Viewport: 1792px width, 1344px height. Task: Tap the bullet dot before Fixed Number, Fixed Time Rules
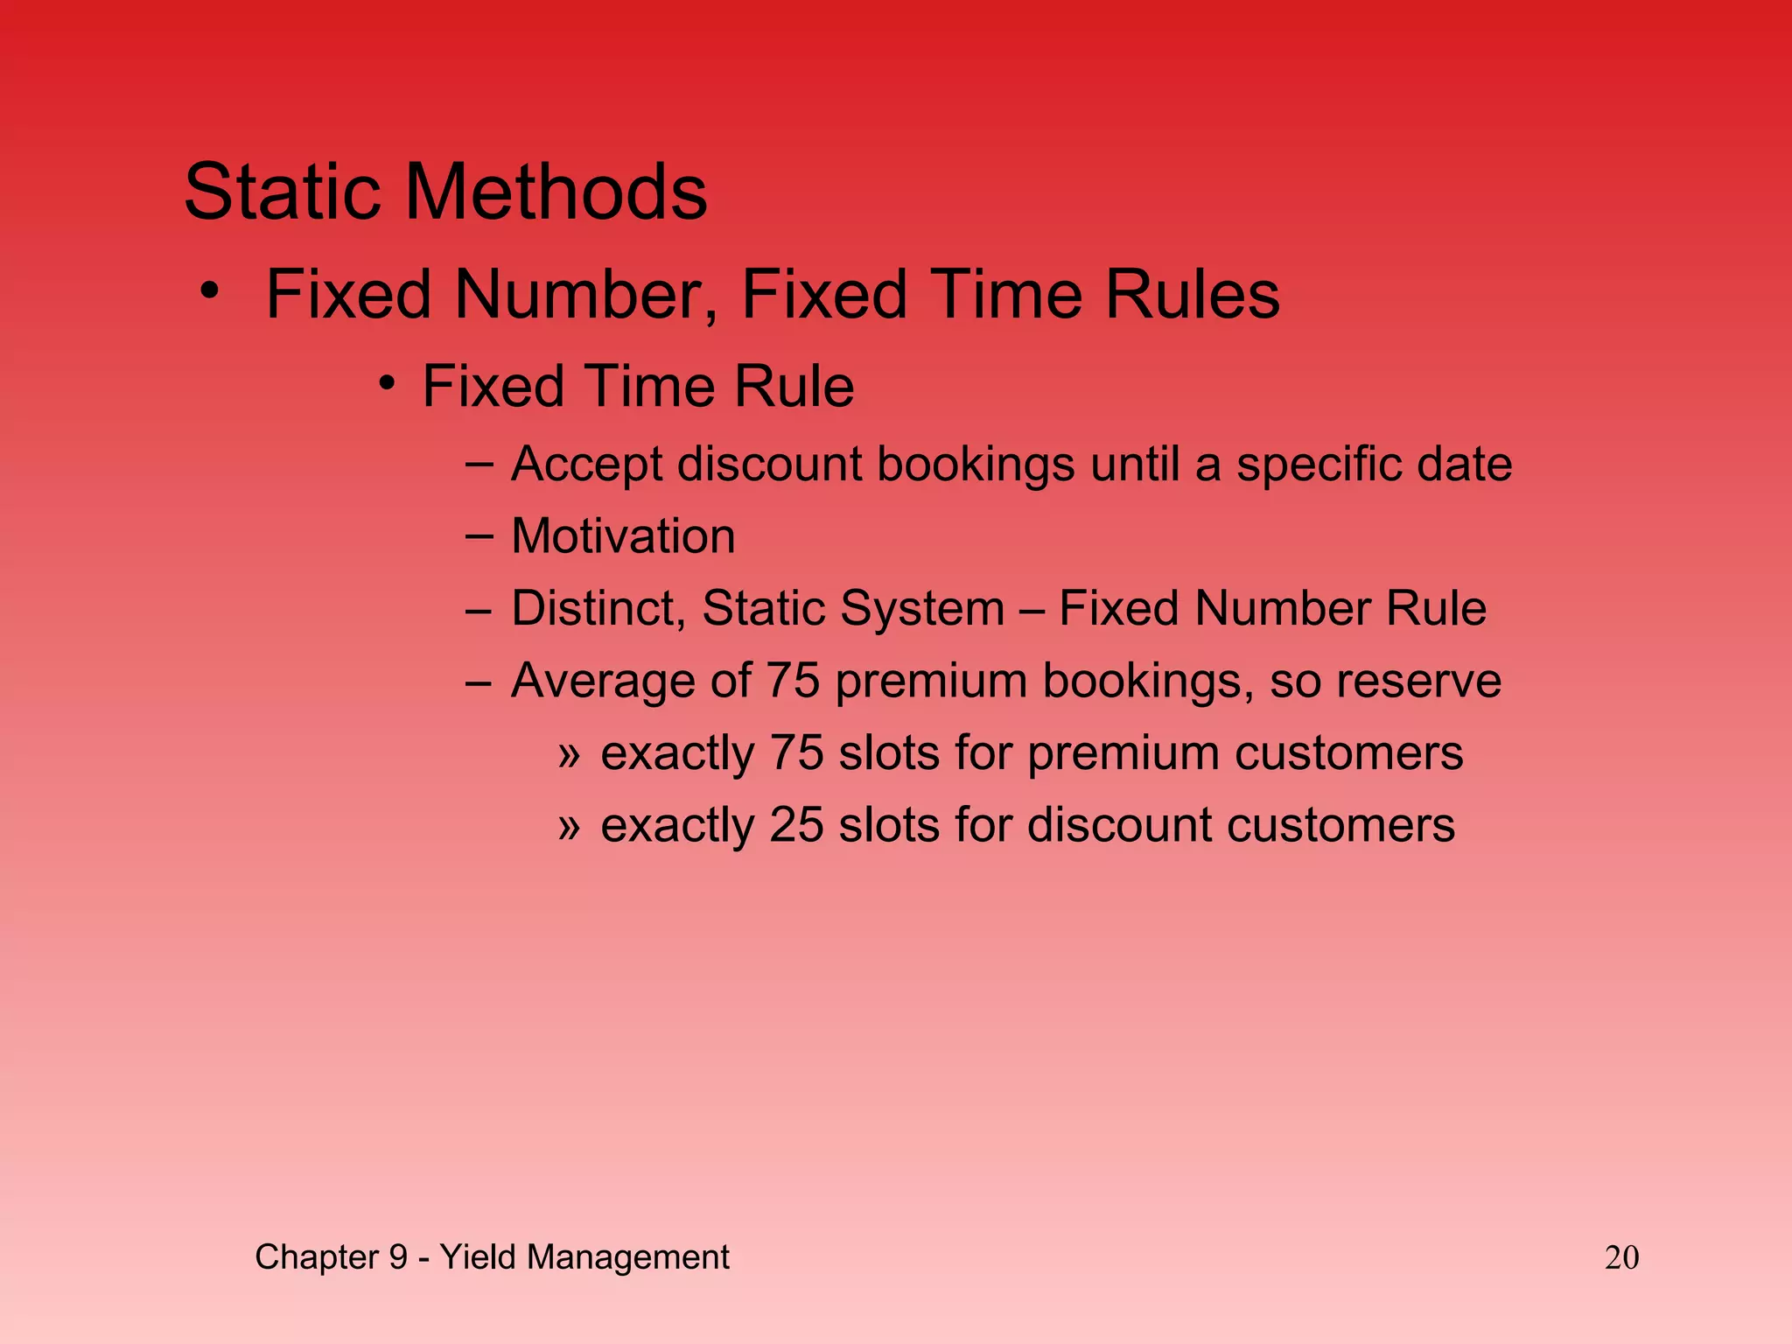(209, 290)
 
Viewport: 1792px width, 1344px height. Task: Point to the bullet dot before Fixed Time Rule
(388, 383)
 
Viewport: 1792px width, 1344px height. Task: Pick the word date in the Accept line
(1464, 464)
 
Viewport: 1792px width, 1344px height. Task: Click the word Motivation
(623, 535)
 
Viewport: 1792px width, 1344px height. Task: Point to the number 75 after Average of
(793, 681)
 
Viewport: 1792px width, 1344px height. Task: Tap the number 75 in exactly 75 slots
(797, 752)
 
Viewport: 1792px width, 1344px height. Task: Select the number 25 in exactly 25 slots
(797, 825)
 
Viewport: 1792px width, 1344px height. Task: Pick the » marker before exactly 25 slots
(569, 825)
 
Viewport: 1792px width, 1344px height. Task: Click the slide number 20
(1621, 1257)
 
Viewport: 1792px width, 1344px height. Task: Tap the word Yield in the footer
(478, 1257)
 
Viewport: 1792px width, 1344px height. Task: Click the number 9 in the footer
(398, 1257)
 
